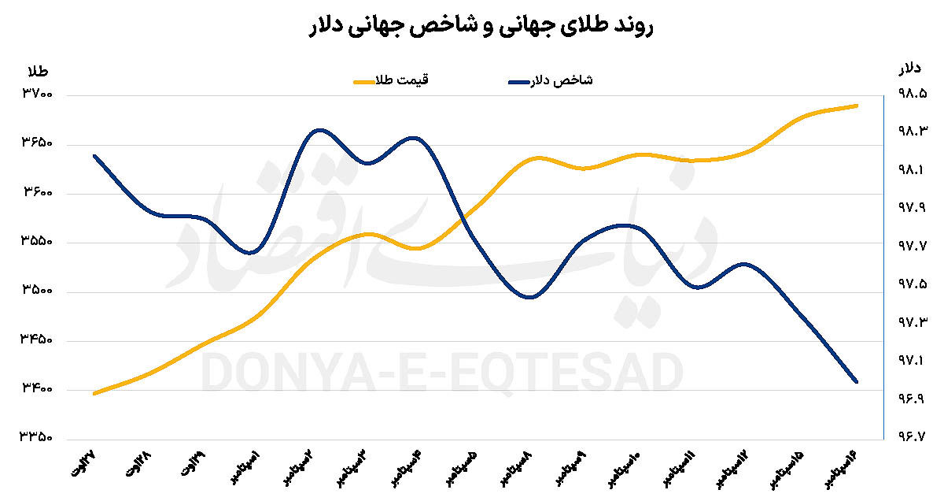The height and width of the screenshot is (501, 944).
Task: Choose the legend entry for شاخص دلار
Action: pyautogui.click(x=550, y=80)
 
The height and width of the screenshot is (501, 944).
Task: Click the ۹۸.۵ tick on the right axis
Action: pyautogui.click(x=913, y=95)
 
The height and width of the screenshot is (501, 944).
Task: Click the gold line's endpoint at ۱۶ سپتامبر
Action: pyautogui.click(x=856, y=106)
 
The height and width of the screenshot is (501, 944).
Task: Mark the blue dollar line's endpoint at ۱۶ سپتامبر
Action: pyautogui.click(x=856, y=381)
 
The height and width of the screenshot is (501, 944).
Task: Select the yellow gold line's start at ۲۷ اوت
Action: pyautogui.click(x=94, y=393)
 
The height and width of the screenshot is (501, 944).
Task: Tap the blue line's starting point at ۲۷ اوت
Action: pyautogui.click(x=94, y=156)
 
